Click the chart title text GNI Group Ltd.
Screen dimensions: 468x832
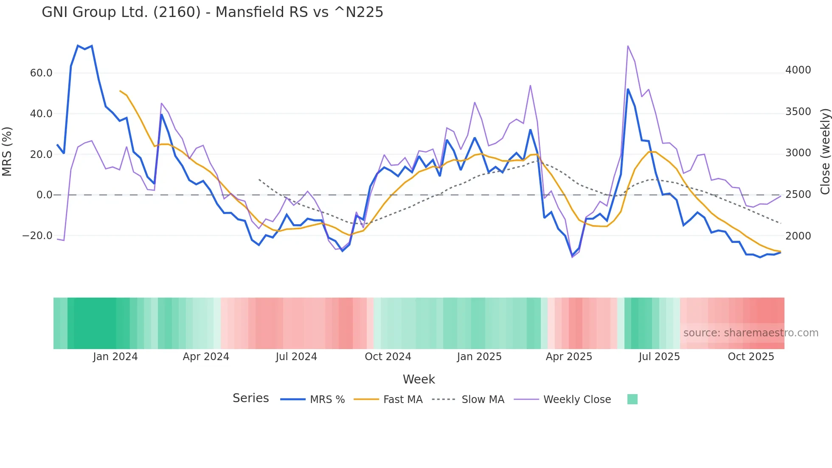212,12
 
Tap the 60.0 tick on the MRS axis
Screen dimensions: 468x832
41,73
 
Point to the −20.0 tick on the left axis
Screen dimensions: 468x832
37,236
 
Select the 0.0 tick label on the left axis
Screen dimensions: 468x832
44,195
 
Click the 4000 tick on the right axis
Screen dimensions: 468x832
798,70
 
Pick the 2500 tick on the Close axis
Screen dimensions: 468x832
798,195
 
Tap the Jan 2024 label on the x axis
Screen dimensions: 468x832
115,357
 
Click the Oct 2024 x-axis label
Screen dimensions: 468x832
388,357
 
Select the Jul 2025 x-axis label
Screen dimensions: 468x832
659,357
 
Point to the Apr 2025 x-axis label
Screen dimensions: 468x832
569,357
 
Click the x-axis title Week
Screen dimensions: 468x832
419,379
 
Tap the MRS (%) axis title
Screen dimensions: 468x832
7,152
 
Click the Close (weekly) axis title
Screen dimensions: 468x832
825,152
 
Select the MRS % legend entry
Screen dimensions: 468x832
327,400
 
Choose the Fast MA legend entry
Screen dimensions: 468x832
402,400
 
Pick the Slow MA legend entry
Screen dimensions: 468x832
483,400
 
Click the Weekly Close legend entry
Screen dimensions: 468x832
577,400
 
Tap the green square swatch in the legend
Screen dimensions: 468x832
632,399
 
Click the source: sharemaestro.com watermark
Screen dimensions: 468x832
750,333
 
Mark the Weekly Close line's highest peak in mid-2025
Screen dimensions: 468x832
628,46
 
